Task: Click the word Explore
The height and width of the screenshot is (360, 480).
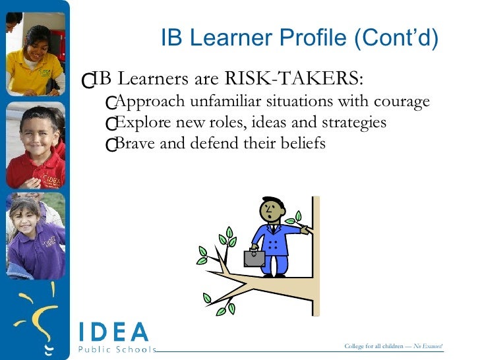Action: click(137, 123)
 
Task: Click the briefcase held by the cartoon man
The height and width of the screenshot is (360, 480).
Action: click(254, 258)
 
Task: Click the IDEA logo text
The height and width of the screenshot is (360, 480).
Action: click(113, 332)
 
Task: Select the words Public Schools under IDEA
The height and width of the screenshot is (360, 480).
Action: click(117, 349)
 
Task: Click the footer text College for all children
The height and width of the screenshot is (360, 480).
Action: click(373, 347)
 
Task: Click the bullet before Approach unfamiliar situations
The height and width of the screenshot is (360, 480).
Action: click(111, 104)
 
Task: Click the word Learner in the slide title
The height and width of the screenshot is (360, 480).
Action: click(229, 39)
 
